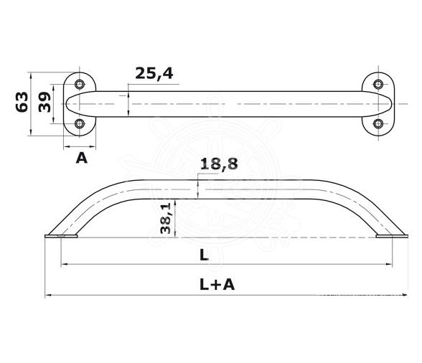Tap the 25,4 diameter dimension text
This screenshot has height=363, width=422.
153,72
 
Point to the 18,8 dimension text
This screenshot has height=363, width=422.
218,164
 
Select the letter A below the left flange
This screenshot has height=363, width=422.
82,157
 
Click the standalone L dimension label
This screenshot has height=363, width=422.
205,255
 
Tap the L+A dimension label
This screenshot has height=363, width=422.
218,285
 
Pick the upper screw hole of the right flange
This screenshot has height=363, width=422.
379,83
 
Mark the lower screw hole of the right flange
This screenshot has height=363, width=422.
379,124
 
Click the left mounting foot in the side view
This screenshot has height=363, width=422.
62,235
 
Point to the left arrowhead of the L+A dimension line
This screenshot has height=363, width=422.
47,295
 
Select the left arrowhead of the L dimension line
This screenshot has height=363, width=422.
65,265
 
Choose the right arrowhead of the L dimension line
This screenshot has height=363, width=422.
393,265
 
